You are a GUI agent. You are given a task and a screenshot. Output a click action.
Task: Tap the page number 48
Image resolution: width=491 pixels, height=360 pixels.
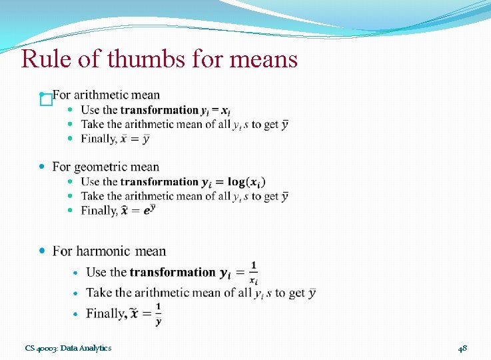[x=462, y=348]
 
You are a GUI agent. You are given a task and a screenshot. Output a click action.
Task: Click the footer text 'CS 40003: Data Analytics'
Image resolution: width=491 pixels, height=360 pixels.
[x=68, y=348]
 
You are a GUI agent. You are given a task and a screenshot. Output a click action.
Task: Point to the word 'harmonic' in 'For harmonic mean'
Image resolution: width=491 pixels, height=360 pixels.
[x=105, y=251]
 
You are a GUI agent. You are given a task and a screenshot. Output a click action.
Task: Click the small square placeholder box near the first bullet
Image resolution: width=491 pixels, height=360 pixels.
[x=45, y=100]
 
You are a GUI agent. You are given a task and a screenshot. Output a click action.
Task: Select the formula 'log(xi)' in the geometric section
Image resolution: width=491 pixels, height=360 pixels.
[x=246, y=182]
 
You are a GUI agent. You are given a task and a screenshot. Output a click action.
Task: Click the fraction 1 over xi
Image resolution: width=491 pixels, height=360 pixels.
[x=253, y=273]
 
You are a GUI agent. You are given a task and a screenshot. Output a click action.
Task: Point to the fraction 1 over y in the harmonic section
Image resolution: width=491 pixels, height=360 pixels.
[x=159, y=314]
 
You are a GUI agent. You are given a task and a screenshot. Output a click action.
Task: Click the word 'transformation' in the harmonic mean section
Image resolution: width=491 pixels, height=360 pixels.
[x=173, y=272]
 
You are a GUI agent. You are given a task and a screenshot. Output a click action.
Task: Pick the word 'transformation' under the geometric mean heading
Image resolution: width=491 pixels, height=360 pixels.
[x=159, y=182]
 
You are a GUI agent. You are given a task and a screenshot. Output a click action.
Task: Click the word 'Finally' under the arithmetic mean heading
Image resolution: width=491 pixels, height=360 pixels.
[x=98, y=139]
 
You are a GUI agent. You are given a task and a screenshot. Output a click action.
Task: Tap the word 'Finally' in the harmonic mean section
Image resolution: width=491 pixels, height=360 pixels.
[x=107, y=313]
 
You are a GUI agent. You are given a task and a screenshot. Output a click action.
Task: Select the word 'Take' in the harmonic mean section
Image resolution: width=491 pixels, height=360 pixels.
[x=99, y=293]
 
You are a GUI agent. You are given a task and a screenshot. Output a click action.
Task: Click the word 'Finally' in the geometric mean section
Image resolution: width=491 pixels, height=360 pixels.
[x=98, y=211]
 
